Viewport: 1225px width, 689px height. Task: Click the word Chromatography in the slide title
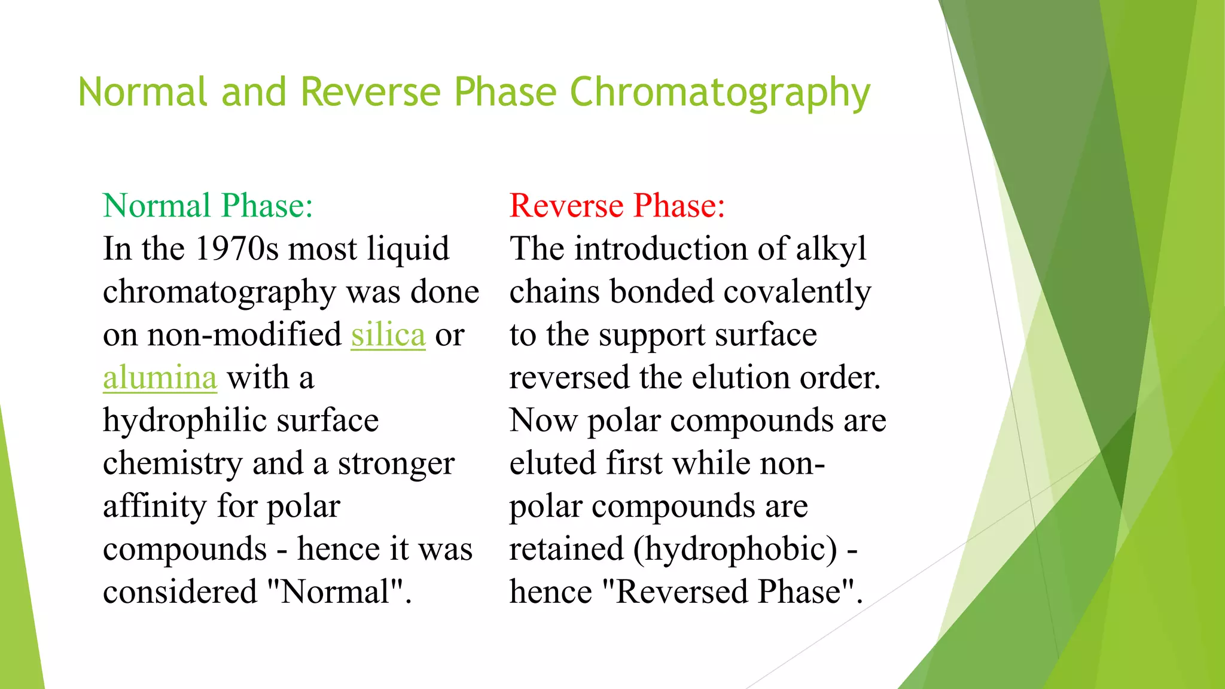(720, 93)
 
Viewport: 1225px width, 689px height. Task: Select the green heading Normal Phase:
(208, 206)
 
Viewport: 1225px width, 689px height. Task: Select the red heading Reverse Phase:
(617, 206)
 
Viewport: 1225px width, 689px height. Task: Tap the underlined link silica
(388, 334)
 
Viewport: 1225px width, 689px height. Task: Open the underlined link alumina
(160, 378)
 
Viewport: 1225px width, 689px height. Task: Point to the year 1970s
(237, 249)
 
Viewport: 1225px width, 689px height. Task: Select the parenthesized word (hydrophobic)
(735, 550)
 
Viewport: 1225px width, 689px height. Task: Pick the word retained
(566, 550)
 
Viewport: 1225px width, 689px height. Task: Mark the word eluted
(553, 464)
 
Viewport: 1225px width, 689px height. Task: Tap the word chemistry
(172, 464)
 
